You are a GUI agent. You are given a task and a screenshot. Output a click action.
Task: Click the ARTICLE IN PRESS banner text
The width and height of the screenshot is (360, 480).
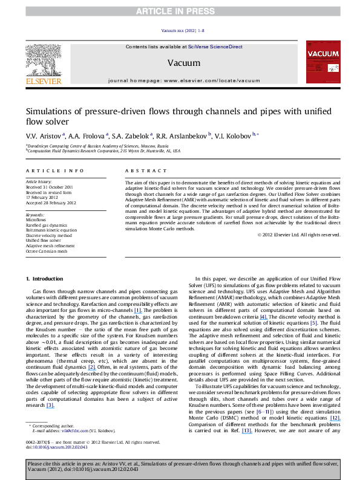coord(180,5)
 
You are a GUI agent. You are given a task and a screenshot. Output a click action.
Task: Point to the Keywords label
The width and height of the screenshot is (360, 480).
coord(36,215)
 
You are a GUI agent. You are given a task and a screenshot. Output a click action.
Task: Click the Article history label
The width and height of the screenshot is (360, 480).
coord(39,181)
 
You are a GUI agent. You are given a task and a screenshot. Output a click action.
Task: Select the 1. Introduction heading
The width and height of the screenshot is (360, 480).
coord(46,278)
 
